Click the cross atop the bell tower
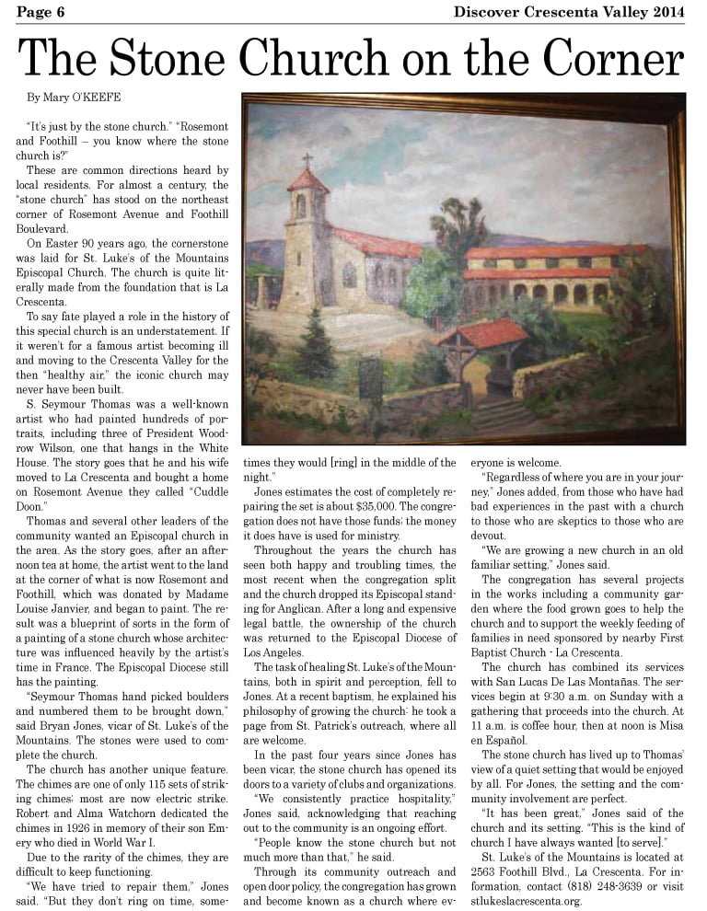(307, 160)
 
